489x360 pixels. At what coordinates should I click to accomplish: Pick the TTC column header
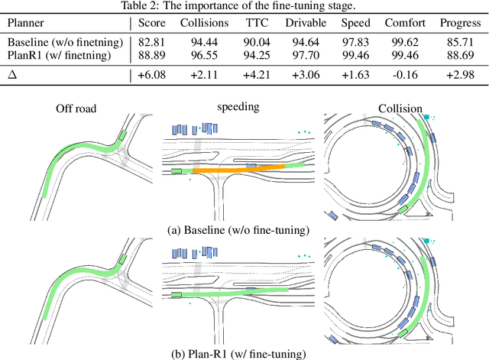click(259, 24)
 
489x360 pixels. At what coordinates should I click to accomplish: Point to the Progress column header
click(460, 24)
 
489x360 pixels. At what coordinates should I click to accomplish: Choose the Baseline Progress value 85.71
click(460, 42)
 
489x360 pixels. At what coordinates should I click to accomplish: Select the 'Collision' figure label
click(400, 109)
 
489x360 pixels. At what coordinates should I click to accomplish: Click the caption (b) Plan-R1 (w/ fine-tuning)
click(244, 353)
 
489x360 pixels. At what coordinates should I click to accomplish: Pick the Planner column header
click(28, 24)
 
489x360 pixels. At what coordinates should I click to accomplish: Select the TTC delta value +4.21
click(259, 75)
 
